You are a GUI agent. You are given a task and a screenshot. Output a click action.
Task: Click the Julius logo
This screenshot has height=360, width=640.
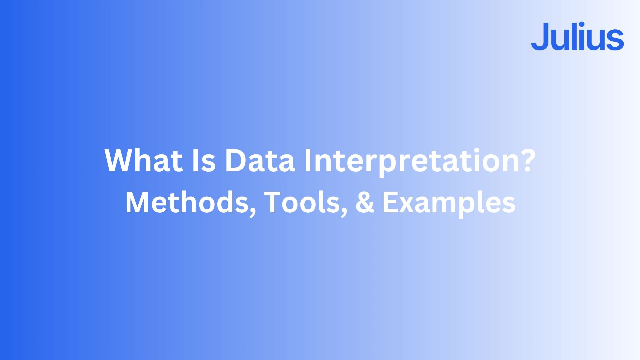pos(577,37)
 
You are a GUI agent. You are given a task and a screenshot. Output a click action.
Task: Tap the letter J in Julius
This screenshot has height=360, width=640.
pos(541,37)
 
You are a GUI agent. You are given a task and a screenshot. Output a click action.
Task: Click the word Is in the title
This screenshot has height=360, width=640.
pos(204,160)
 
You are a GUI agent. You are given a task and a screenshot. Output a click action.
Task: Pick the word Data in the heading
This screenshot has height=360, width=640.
pos(260,160)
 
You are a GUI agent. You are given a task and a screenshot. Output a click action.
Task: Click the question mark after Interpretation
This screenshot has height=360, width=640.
pos(525,160)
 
